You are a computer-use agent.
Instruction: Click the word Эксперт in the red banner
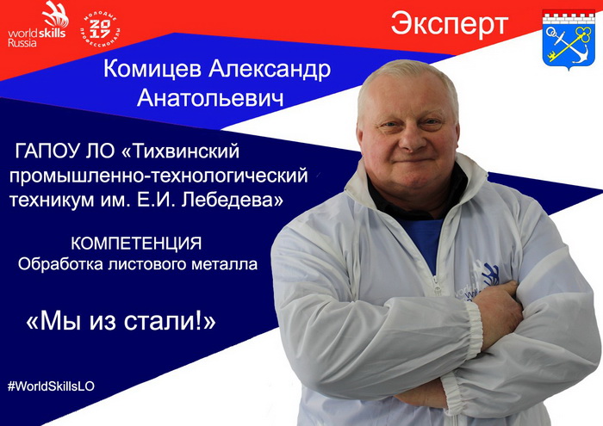[x=450, y=25]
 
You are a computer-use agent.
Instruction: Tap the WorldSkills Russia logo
[x=38, y=24]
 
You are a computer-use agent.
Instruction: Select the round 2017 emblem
[x=101, y=30]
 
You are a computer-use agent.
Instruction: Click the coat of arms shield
[x=569, y=40]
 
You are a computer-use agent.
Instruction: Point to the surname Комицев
[x=152, y=70]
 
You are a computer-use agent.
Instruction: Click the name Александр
[x=270, y=70]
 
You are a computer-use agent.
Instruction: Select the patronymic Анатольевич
[x=210, y=98]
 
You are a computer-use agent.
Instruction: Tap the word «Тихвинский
[x=180, y=151]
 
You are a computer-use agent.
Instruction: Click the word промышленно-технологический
[x=159, y=176]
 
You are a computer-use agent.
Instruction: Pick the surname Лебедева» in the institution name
[x=233, y=201]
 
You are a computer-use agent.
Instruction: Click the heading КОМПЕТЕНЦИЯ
[x=136, y=244]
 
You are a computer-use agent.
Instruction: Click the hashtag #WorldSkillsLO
[x=51, y=386]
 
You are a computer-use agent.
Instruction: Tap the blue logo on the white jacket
[x=490, y=275]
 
